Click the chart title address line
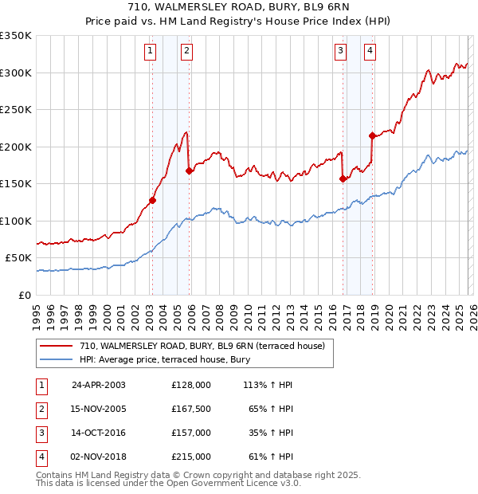coord(238,7)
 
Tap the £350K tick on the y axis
coord(16,36)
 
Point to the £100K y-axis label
coord(16,221)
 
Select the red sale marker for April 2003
coord(152,201)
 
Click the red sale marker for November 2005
coord(189,171)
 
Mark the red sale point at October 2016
coord(343,178)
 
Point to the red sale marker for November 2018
coord(372,135)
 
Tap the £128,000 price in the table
coord(191,384)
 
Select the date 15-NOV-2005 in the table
coord(99,409)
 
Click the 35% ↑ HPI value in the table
coord(272,433)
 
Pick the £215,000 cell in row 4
coord(191,457)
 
